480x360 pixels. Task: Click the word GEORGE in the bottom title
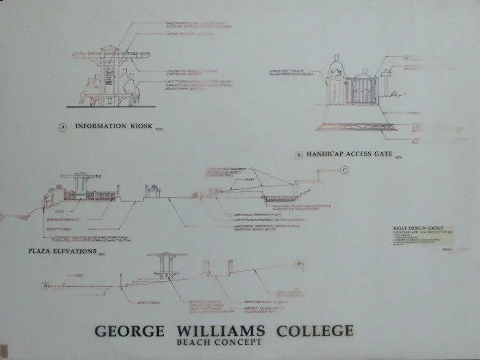(129, 331)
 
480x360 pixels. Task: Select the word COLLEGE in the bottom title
(314, 331)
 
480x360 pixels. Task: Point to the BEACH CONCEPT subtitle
(219, 342)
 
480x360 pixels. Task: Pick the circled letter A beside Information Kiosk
(62, 127)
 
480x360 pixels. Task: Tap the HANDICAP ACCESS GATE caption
(349, 154)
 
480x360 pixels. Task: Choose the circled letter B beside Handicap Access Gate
(299, 155)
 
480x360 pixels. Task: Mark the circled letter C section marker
(344, 169)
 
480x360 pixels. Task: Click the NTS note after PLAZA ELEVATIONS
(101, 254)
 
